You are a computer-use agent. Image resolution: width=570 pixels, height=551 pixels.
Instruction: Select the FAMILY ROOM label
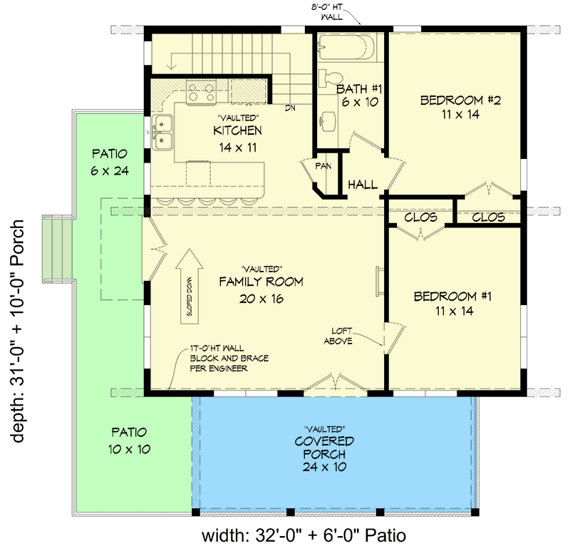pyautogui.click(x=261, y=282)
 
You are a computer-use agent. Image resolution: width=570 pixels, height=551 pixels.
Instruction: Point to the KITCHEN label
pyautogui.click(x=237, y=131)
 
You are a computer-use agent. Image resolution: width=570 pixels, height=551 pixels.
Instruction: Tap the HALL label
pyautogui.click(x=363, y=185)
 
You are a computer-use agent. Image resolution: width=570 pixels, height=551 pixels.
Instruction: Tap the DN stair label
pyautogui.click(x=291, y=108)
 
